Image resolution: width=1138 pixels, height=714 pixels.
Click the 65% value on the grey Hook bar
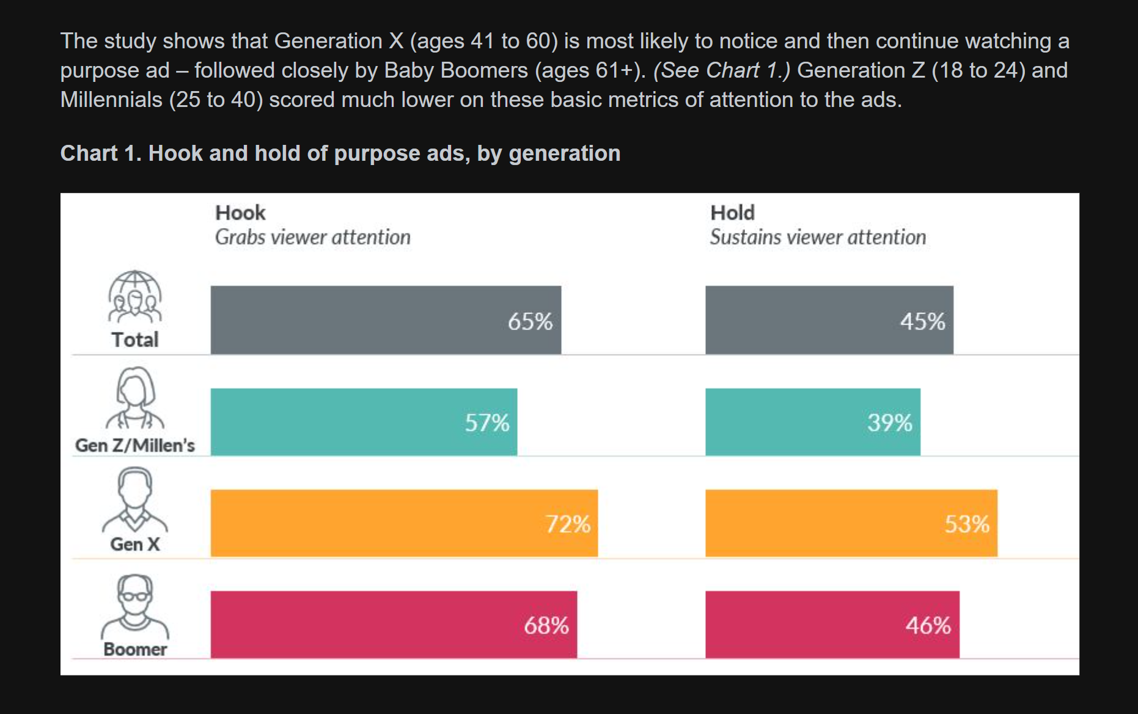[x=530, y=322]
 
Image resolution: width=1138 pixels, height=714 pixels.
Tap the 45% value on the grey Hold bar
[x=922, y=322]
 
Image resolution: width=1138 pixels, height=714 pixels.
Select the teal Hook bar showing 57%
[x=364, y=422]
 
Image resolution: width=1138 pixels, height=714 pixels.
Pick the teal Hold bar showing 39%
[x=812, y=422]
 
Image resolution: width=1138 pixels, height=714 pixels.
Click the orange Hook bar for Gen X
[x=403, y=523]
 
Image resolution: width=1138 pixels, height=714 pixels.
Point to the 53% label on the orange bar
[x=967, y=524]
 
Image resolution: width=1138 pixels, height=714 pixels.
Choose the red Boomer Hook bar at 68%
[x=393, y=625]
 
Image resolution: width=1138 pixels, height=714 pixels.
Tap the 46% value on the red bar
[x=928, y=625]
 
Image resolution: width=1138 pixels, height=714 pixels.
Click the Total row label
[x=135, y=340]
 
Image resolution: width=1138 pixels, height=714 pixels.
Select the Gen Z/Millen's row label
[x=135, y=446]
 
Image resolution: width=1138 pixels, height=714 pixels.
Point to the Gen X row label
[x=135, y=544]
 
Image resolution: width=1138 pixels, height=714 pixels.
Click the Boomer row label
[x=135, y=649]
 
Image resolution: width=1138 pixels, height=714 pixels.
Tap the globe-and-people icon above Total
[x=135, y=296]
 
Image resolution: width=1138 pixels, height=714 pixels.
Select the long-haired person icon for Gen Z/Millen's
[x=135, y=397]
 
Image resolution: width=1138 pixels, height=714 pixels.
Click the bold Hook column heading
[x=240, y=213]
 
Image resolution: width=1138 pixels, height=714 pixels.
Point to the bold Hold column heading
[x=732, y=213]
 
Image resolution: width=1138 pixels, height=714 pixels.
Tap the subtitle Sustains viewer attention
[x=818, y=237]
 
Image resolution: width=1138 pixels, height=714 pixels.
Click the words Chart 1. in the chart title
[x=101, y=153]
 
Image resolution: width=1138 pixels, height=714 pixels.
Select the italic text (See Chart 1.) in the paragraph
[x=721, y=70]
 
